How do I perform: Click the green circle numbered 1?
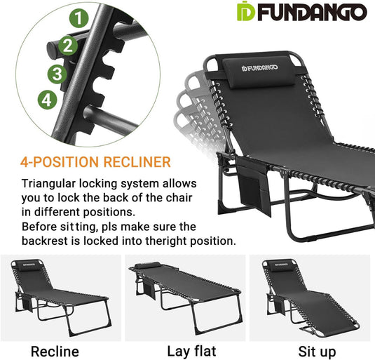click(79, 18)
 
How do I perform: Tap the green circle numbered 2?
click(68, 46)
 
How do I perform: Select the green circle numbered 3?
click(57, 74)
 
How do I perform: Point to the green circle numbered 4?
click(48, 100)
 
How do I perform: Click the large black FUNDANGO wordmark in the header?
click(312, 12)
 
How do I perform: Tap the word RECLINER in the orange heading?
click(137, 162)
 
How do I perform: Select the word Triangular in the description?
click(49, 184)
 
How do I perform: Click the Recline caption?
click(55, 352)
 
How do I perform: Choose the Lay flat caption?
click(191, 352)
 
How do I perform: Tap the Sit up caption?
click(317, 352)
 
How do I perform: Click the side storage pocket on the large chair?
click(254, 185)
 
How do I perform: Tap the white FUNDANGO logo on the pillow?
click(260, 68)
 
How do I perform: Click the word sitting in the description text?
click(79, 227)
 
